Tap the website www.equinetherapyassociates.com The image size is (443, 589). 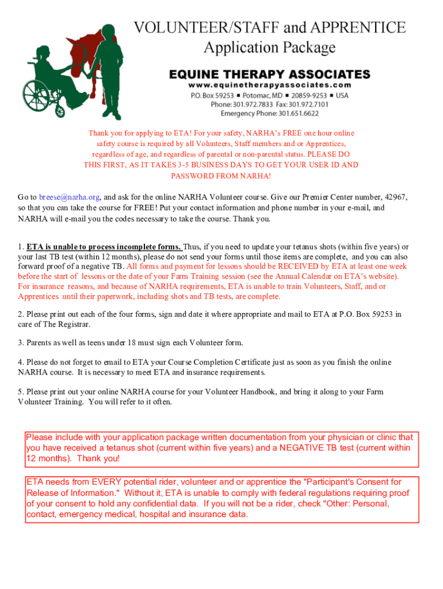[x=269, y=85]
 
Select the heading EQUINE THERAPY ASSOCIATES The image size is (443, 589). [x=269, y=74]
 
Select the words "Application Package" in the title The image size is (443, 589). [x=269, y=47]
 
